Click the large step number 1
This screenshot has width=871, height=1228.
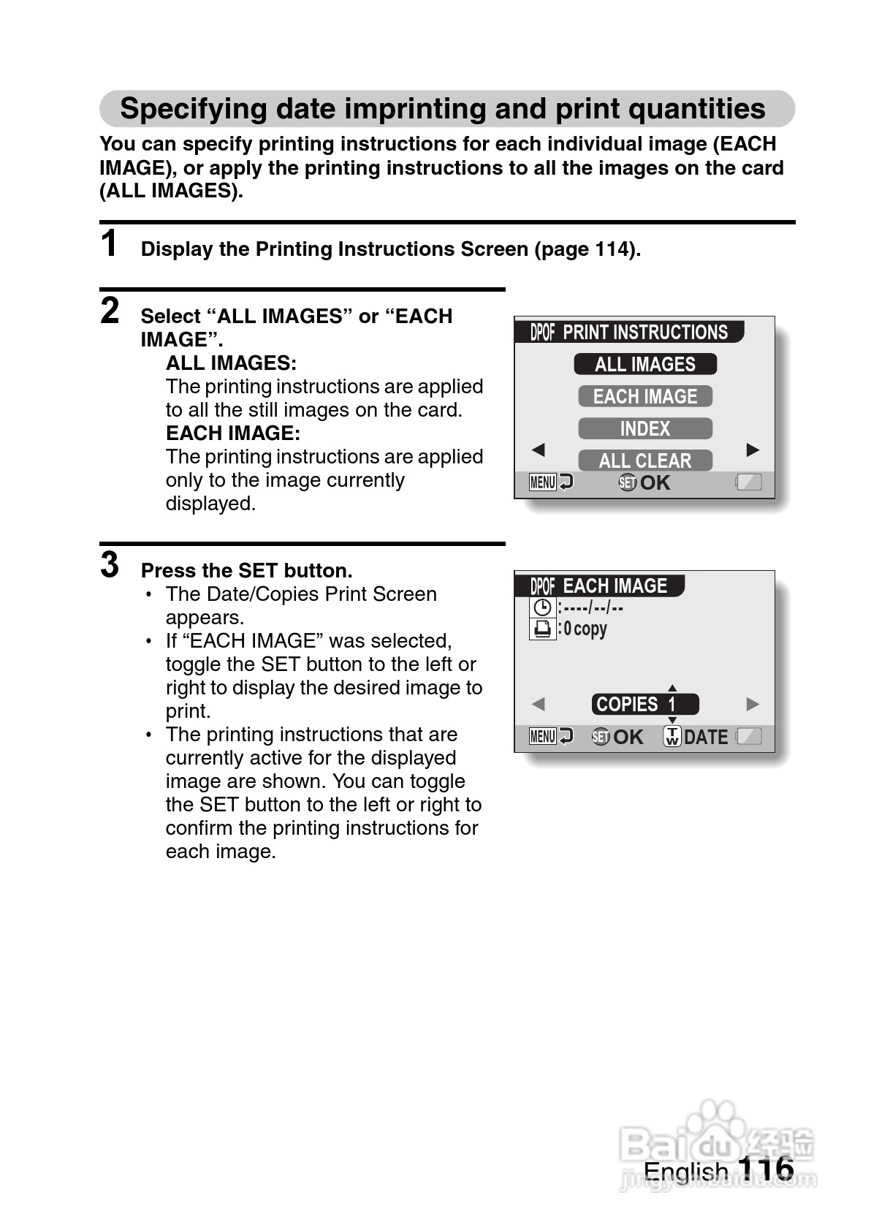[x=110, y=244]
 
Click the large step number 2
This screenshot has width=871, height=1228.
[x=110, y=311]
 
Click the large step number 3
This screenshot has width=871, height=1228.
[x=110, y=564]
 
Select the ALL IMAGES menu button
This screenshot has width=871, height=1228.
[x=644, y=364]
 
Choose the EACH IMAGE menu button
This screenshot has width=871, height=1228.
[x=644, y=396]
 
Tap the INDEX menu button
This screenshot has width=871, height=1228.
[x=644, y=428]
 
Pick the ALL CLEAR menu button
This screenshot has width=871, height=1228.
[x=644, y=460]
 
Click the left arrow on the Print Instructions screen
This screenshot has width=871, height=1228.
[x=539, y=450]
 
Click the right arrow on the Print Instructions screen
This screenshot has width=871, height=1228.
[x=753, y=450]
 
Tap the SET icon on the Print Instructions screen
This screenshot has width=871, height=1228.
[x=627, y=482]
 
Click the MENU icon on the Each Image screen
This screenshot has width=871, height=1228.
[x=543, y=737]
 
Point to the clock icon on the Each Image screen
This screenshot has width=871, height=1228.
[x=542, y=607]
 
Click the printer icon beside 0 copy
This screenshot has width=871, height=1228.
[x=542, y=629]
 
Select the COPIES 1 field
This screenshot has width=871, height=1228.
[x=644, y=705]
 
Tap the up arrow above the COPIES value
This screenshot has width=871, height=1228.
[x=672, y=688]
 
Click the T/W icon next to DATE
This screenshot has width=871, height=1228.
[x=672, y=737]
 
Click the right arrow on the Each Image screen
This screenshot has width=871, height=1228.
[x=753, y=705]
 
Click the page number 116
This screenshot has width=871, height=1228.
[x=765, y=1168]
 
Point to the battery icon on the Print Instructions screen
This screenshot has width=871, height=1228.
[x=749, y=482]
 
